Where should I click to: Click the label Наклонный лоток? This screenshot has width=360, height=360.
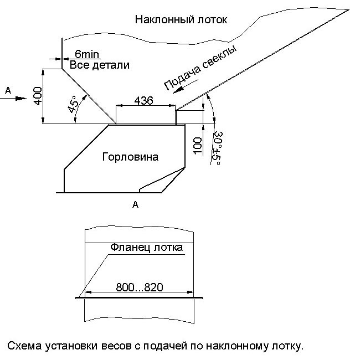(181, 20)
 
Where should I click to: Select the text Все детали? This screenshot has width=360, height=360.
(99, 65)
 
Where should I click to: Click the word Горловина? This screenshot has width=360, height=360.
(130, 157)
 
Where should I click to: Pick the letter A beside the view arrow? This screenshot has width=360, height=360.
(7, 90)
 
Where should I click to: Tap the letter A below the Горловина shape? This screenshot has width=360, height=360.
(135, 205)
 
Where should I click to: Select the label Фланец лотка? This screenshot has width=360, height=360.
(146, 247)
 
